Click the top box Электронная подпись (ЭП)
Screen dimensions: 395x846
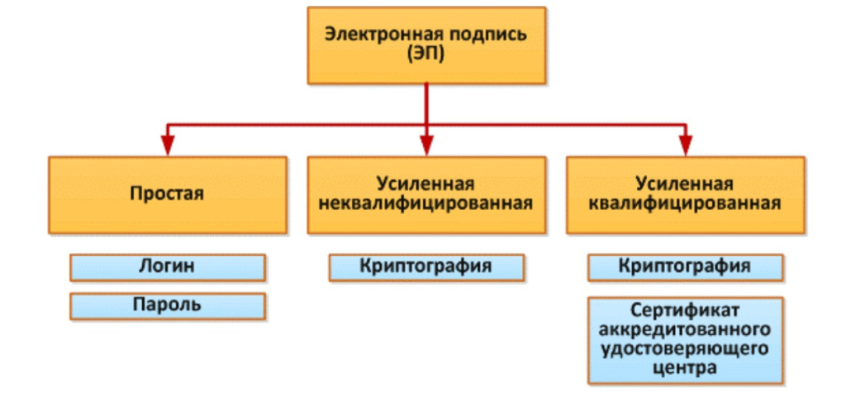[425, 45]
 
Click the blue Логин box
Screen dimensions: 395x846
[167, 267]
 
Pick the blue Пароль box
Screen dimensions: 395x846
[167, 305]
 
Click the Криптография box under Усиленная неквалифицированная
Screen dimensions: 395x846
[425, 267]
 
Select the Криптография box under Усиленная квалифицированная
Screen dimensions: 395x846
[685, 267]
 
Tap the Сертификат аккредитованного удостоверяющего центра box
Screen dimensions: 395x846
[685, 340]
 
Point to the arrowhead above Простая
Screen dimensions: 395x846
[167, 145]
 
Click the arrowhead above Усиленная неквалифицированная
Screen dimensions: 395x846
[425, 145]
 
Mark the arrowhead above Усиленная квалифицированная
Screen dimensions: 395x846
[685, 145]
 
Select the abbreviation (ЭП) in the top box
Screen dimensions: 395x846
[425, 55]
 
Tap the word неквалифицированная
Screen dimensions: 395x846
[425, 203]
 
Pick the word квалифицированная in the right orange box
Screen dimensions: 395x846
[685, 203]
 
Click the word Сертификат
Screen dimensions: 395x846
[685, 312]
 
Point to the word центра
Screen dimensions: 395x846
[685, 369]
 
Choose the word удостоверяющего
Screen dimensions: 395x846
[685, 350]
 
